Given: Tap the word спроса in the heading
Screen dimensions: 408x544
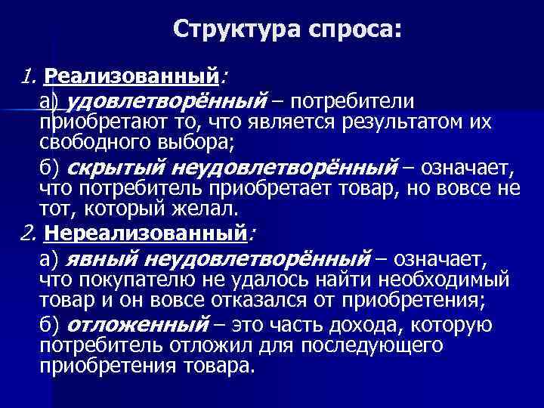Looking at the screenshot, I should point(352,30).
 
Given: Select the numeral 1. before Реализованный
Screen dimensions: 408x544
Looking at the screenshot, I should point(29,76).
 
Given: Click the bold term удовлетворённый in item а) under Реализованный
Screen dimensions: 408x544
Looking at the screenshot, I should point(168,101).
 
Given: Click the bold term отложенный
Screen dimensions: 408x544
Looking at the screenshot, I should point(137,325).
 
